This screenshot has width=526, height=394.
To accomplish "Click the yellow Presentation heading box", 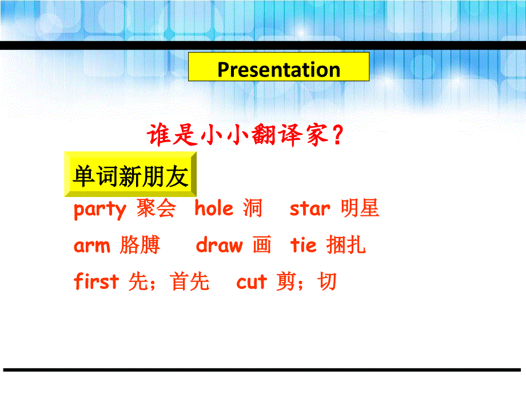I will click(x=279, y=70).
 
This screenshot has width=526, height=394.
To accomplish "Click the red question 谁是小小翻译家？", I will click(x=246, y=137).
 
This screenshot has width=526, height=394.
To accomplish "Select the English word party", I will click(x=99, y=210).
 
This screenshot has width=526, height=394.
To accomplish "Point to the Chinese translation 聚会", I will click(x=156, y=208).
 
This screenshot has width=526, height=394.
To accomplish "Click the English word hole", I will click(x=214, y=208).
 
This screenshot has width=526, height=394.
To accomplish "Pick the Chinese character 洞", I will click(x=252, y=208).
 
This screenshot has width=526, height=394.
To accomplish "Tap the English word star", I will click(x=310, y=209).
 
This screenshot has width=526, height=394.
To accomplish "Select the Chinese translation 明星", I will click(x=360, y=208).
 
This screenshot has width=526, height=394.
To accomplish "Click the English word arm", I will click(x=91, y=246).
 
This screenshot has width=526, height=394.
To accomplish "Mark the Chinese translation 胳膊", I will click(x=140, y=246).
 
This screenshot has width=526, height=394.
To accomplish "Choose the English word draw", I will click(x=219, y=246).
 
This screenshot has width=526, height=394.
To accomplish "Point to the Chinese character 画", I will click(x=261, y=246).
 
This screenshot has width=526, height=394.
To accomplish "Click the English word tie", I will click(x=303, y=246).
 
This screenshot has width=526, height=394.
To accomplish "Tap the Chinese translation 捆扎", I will click(x=346, y=246).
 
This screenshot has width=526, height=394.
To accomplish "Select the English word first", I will click(x=96, y=282).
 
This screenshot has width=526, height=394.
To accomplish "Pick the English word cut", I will click(x=252, y=282).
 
